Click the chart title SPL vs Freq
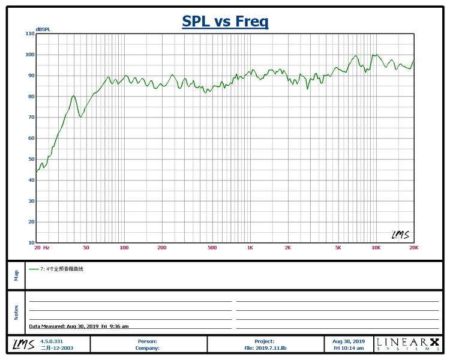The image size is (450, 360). pyautogui.click(x=225, y=21)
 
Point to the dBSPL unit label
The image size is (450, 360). pyautogui.click(x=43, y=29)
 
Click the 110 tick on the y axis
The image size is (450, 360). pyautogui.click(x=30, y=34)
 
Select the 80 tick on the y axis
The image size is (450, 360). pyautogui.click(x=31, y=97)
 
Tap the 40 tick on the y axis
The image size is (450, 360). pyautogui.click(x=31, y=180)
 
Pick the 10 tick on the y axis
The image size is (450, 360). pyautogui.click(x=31, y=242)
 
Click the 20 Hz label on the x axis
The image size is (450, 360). pyautogui.click(x=42, y=248)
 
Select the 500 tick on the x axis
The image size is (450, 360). pyautogui.click(x=212, y=248)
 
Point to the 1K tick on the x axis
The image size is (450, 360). pyautogui.click(x=250, y=248)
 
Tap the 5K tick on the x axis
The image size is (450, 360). pyautogui.click(x=338, y=248)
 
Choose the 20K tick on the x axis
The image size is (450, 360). pyautogui.click(x=414, y=248)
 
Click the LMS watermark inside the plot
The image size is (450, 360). pyautogui.click(x=401, y=235)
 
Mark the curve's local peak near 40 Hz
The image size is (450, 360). pyautogui.click(x=74, y=95)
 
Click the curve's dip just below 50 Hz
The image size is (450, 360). pyautogui.click(x=81, y=117)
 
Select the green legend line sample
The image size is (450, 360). pyautogui.click(x=34, y=269)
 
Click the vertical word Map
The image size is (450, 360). pyautogui.click(x=16, y=275)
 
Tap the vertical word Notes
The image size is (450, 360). pyautogui.click(x=16, y=313)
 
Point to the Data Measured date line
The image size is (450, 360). pyautogui.click(x=79, y=326)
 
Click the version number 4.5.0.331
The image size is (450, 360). pyautogui.click(x=52, y=341)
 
